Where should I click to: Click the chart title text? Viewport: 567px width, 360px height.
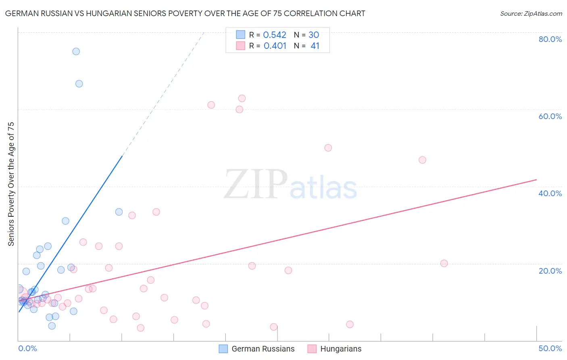tap(185, 13)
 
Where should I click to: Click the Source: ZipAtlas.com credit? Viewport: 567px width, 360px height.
tap(531, 13)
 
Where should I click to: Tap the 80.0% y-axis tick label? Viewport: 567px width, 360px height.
tap(550, 39)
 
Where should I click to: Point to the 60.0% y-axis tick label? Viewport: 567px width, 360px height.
tap(550, 116)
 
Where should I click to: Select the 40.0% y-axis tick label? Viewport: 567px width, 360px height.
tap(550, 193)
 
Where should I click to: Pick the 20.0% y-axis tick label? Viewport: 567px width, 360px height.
tap(550, 271)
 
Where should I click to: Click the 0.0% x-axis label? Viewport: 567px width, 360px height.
tap(27, 349)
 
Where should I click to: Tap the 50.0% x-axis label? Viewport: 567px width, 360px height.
tap(550, 349)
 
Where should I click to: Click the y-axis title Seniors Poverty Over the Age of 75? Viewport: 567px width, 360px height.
tap(11, 184)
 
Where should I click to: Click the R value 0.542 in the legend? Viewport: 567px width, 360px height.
tap(275, 35)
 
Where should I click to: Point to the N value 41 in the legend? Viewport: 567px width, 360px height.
tap(315, 46)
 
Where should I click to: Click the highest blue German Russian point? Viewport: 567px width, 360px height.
tap(76, 51)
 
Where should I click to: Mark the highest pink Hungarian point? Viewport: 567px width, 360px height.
tap(242, 98)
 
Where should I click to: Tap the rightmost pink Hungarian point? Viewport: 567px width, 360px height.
tap(444, 264)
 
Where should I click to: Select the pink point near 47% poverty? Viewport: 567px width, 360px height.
tap(422, 160)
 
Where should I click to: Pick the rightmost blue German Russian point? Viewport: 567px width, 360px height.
tap(119, 212)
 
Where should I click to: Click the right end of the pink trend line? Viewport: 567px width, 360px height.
tap(536, 179)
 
